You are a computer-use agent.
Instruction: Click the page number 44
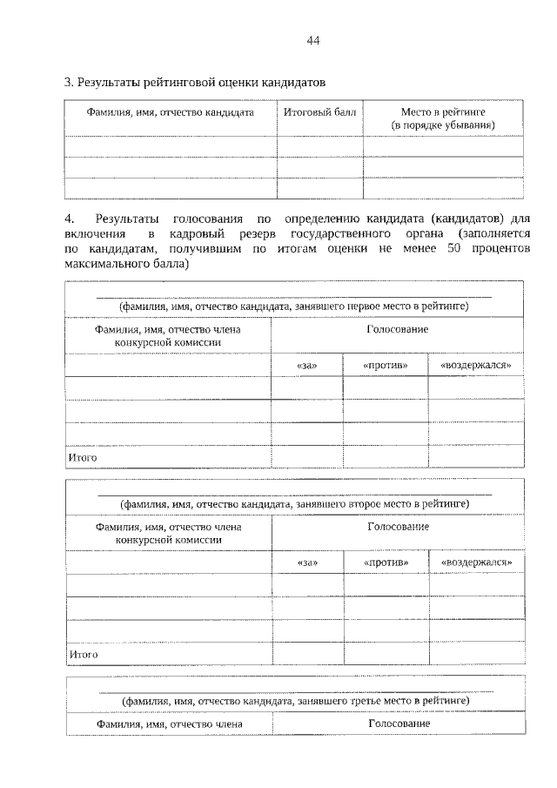314,41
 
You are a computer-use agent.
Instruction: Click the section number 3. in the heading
69,84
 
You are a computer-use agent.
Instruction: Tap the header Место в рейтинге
442,118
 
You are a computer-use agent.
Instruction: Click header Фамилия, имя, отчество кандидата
170,112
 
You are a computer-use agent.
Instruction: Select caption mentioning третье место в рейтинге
295,699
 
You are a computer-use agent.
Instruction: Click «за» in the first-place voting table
306,365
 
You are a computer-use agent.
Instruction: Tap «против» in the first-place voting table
385,365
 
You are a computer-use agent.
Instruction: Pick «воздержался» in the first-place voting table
475,365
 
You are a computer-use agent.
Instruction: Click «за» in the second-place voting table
306,562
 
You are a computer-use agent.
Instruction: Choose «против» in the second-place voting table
385,562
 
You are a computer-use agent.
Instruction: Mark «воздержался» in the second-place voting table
475,562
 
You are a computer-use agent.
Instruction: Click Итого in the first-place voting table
83,457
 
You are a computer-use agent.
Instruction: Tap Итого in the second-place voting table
83,654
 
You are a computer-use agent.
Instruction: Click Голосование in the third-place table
398,724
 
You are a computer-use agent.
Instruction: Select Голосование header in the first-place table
398,330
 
